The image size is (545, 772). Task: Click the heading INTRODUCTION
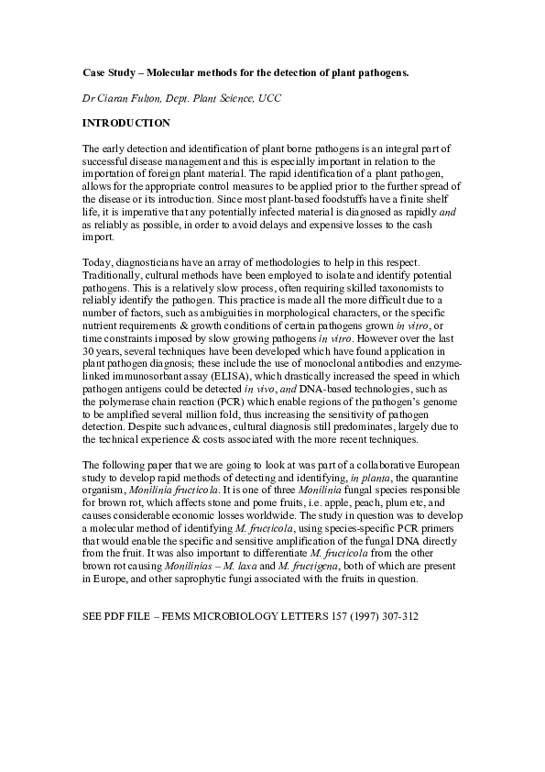126,122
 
